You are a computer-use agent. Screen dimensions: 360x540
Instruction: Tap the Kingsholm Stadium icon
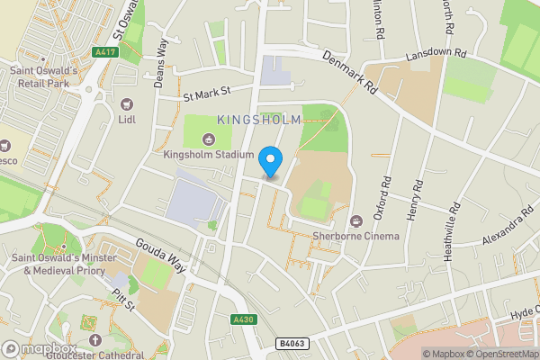pos(209,138)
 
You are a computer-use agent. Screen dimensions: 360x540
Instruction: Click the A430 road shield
pos(242,319)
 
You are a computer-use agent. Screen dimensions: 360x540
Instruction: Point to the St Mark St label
pos(207,92)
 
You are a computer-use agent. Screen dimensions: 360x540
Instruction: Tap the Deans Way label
pos(163,54)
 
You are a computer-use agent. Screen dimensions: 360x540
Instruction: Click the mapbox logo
pos(38,348)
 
